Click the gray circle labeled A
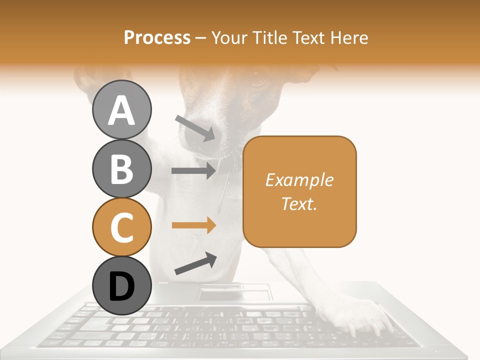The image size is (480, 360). pyautogui.click(x=121, y=110)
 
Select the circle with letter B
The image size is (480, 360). pyautogui.click(x=121, y=168)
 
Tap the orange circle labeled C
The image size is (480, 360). pyautogui.click(x=121, y=227)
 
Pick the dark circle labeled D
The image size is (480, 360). pyautogui.click(x=121, y=286)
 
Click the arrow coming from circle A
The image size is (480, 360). pyautogui.click(x=195, y=128)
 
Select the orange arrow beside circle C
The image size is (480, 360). pyautogui.click(x=193, y=225)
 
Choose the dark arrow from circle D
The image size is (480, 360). pyautogui.click(x=195, y=263)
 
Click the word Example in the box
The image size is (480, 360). pyautogui.click(x=299, y=180)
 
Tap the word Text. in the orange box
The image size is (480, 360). pyautogui.click(x=299, y=203)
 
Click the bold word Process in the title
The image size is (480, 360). pyautogui.click(x=157, y=37)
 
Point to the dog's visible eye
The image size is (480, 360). pyautogui.click(x=260, y=80)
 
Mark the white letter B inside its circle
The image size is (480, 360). pyautogui.click(x=121, y=168)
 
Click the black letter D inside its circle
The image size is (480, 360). pyautogui.click(x=121, y=286)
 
